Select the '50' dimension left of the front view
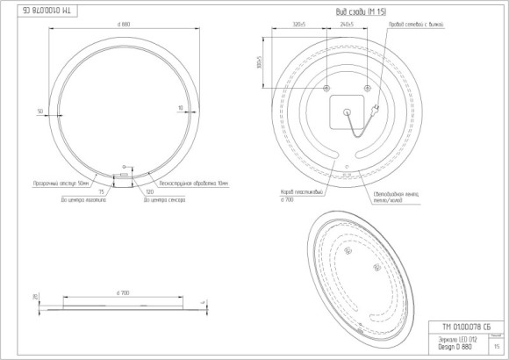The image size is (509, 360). (40, 111)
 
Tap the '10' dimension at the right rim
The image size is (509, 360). (180, 108)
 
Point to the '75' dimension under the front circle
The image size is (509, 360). (103, 190)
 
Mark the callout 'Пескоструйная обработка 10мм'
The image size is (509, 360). (191, 182)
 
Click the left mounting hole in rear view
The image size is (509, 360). (326, 89)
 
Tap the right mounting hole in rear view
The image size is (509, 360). (368, 89)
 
